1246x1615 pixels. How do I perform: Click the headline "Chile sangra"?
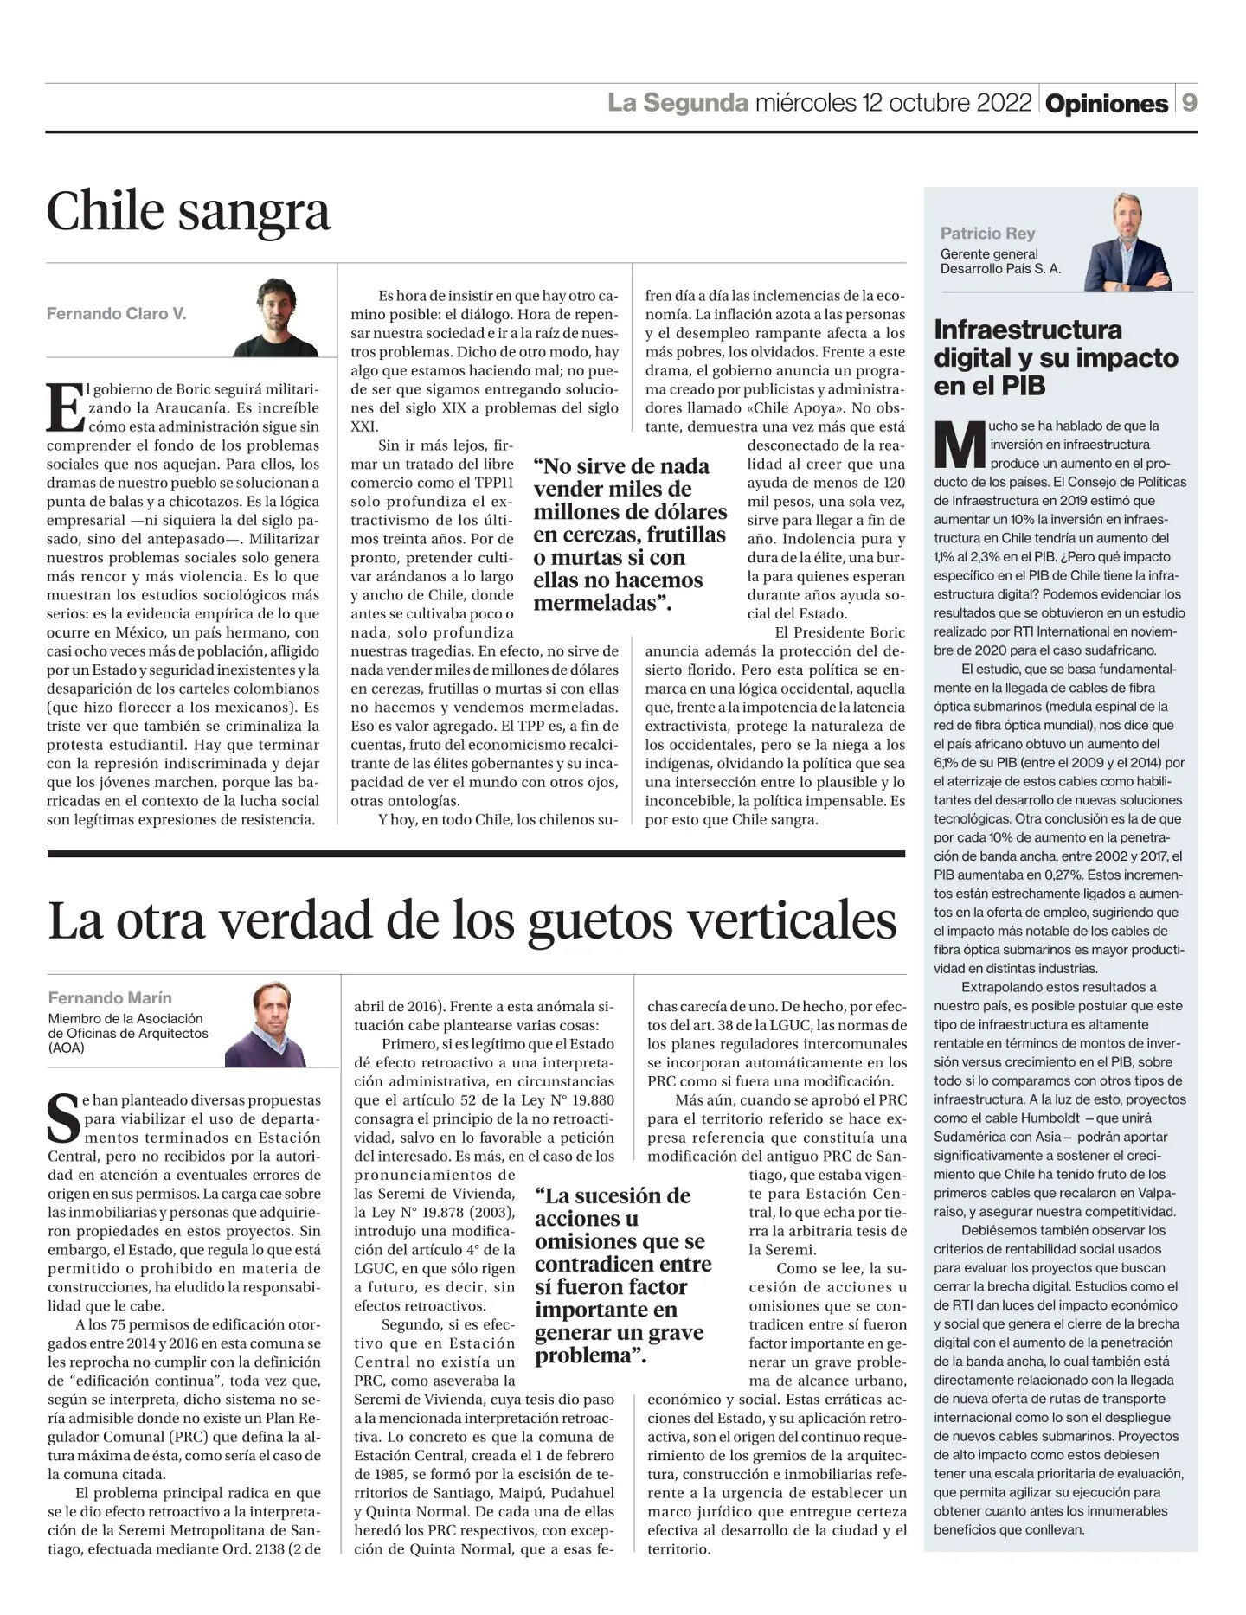pos(189,212)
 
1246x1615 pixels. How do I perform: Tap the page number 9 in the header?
pos(1190,104)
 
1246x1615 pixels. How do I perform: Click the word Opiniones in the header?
pos(1107,104)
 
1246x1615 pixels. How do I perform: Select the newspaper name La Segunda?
pos(678,104)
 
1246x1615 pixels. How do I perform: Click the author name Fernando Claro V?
pos(116,314)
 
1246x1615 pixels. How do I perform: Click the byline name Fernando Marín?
pos(98,997)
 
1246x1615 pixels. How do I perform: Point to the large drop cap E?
pos(64,407)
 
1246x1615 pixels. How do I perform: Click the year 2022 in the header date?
pos(1005,104)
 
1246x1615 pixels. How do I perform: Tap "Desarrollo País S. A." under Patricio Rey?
pos(1000,269)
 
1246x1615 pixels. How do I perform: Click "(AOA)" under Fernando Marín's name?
pos(67,1048)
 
